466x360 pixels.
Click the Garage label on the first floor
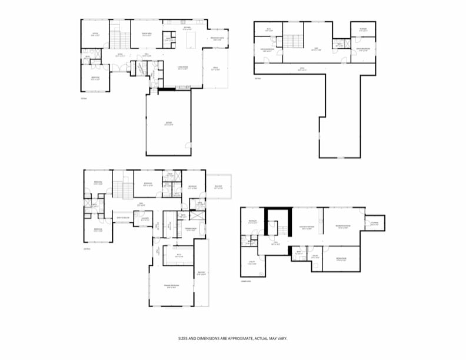pos(168,124)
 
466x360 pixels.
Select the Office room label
pos(95,34)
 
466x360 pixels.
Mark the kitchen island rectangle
pos(192,40)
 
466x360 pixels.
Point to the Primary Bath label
pos(190,229)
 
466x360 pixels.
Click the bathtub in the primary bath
pos(202,229)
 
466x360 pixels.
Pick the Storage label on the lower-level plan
pos(374,223)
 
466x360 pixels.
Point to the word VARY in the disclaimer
pos(282,339)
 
